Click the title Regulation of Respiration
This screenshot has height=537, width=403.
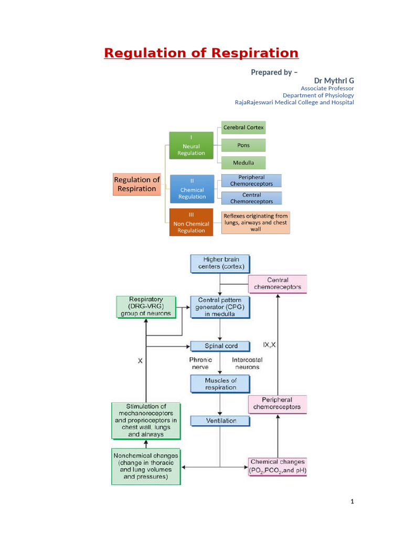coord(201,53)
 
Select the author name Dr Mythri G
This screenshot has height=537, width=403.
coord(334,80)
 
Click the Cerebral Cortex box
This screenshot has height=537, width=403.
coord(243,127)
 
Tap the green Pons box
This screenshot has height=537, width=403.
coord(243,145)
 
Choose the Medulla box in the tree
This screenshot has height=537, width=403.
coord(243,163)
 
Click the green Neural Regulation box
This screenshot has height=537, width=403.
coord(191,145)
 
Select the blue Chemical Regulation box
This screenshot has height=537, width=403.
coord(192,189)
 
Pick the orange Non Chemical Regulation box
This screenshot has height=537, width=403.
coord(191,223)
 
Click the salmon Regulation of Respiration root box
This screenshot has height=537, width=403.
coord(136,184)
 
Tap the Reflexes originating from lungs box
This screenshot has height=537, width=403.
coord(256,222)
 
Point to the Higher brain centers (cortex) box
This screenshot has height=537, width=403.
coord(220,263)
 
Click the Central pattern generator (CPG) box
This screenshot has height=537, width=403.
coord(220,307)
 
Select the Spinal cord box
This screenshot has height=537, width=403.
coord(220,346)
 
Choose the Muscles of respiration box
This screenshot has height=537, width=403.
coord(220,384)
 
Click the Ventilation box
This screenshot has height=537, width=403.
coord(220,421)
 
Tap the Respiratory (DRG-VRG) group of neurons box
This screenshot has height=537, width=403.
coord(143,306)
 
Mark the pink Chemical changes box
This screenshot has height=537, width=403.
coord(277,466)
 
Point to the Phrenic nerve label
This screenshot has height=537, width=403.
coord(200,363)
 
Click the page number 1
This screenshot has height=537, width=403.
coord(352,502)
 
